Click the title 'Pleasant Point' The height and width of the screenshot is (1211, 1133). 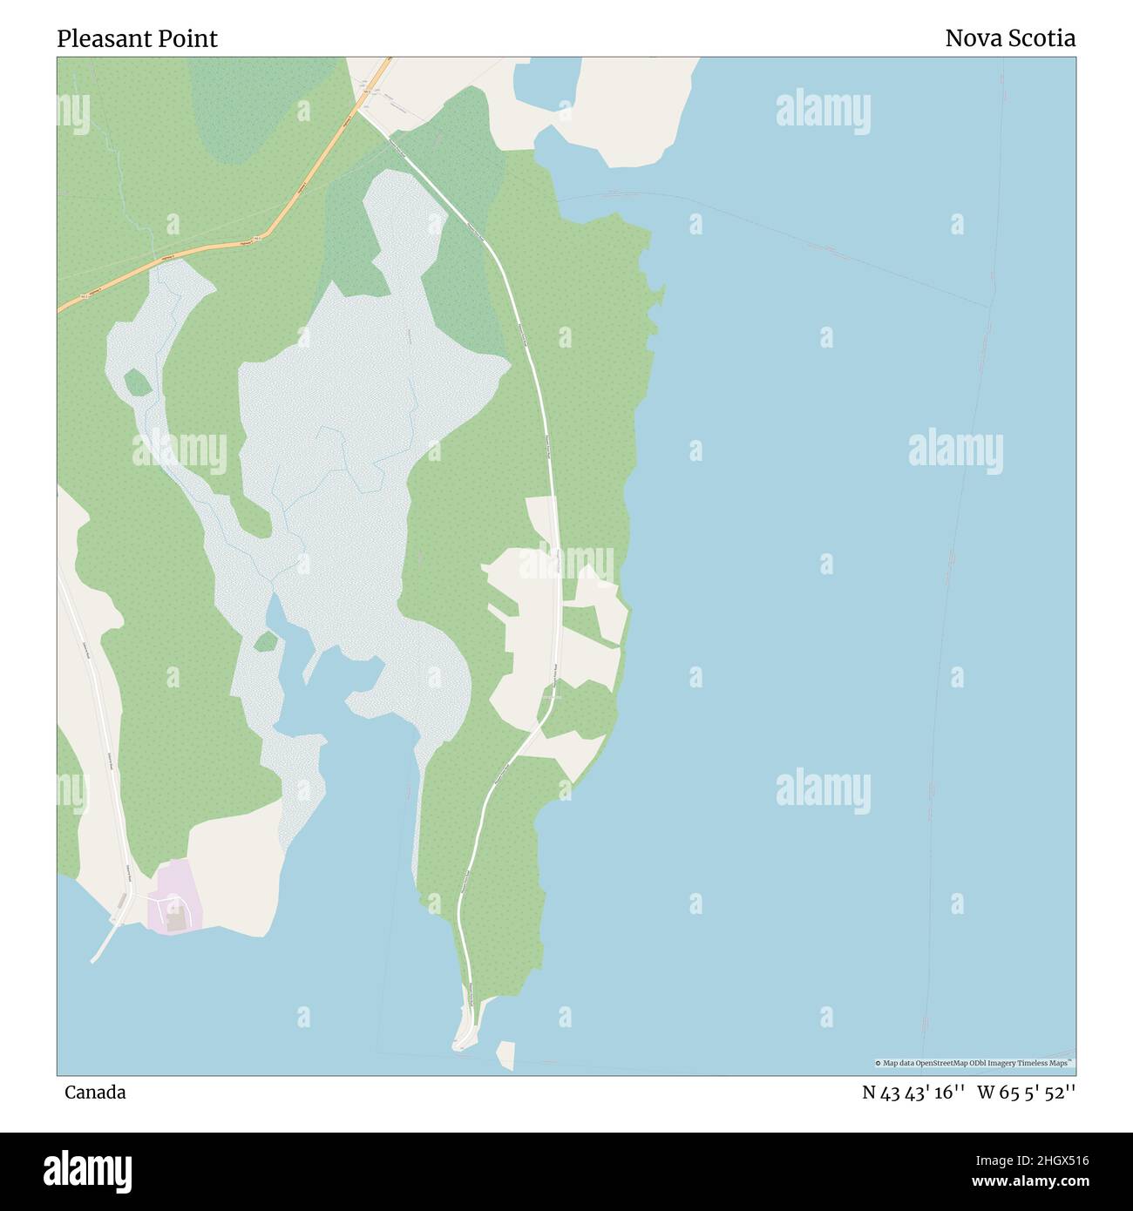137,38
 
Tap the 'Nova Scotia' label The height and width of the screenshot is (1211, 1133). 1009,38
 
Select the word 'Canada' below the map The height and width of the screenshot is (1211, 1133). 95,1092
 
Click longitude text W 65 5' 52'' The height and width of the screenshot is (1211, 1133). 1026,1092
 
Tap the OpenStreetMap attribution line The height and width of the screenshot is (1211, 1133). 974,1063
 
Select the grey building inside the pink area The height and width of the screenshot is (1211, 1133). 177,921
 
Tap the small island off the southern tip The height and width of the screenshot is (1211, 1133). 505,1054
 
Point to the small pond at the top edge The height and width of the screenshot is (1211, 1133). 546,84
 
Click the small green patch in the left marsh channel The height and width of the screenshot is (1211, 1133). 137,382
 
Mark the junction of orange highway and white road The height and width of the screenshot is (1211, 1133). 358,110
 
